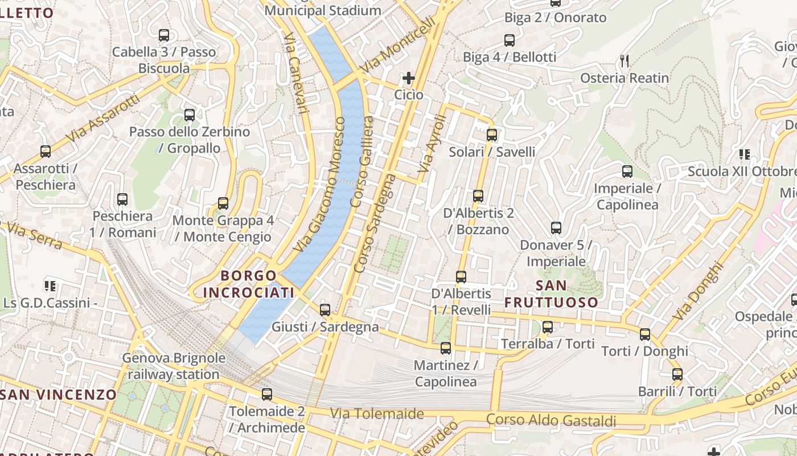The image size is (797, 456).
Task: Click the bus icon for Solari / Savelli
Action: (x=492, y=135)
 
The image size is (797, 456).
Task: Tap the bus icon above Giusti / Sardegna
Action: (x=325, y=310)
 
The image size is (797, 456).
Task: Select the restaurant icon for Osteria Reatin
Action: (x=625, y=61)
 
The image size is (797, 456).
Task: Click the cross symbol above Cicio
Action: (x=409, y=78)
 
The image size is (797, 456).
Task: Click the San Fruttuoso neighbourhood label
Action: (x=551, y=294)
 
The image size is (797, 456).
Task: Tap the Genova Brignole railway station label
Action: (x=174, y=367)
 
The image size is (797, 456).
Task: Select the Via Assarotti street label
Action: (x=102, y=119)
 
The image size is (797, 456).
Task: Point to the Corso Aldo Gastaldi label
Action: (x=551, y=421)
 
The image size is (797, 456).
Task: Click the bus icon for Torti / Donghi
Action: (x=645, y=335)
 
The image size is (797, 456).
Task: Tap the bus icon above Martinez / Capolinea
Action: (x=446, y=348)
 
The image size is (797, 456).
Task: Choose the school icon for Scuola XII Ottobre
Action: (x=743, y=154)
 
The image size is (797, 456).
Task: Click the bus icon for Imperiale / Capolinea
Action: (x=627, y=171)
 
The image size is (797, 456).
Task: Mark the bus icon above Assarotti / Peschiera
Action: (x=46, y=152)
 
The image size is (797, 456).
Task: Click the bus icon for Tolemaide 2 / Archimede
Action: (x=267, y=394)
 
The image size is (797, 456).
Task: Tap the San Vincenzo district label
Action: (x=59, y=394)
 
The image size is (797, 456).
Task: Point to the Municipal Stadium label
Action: (x=323, y=10)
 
